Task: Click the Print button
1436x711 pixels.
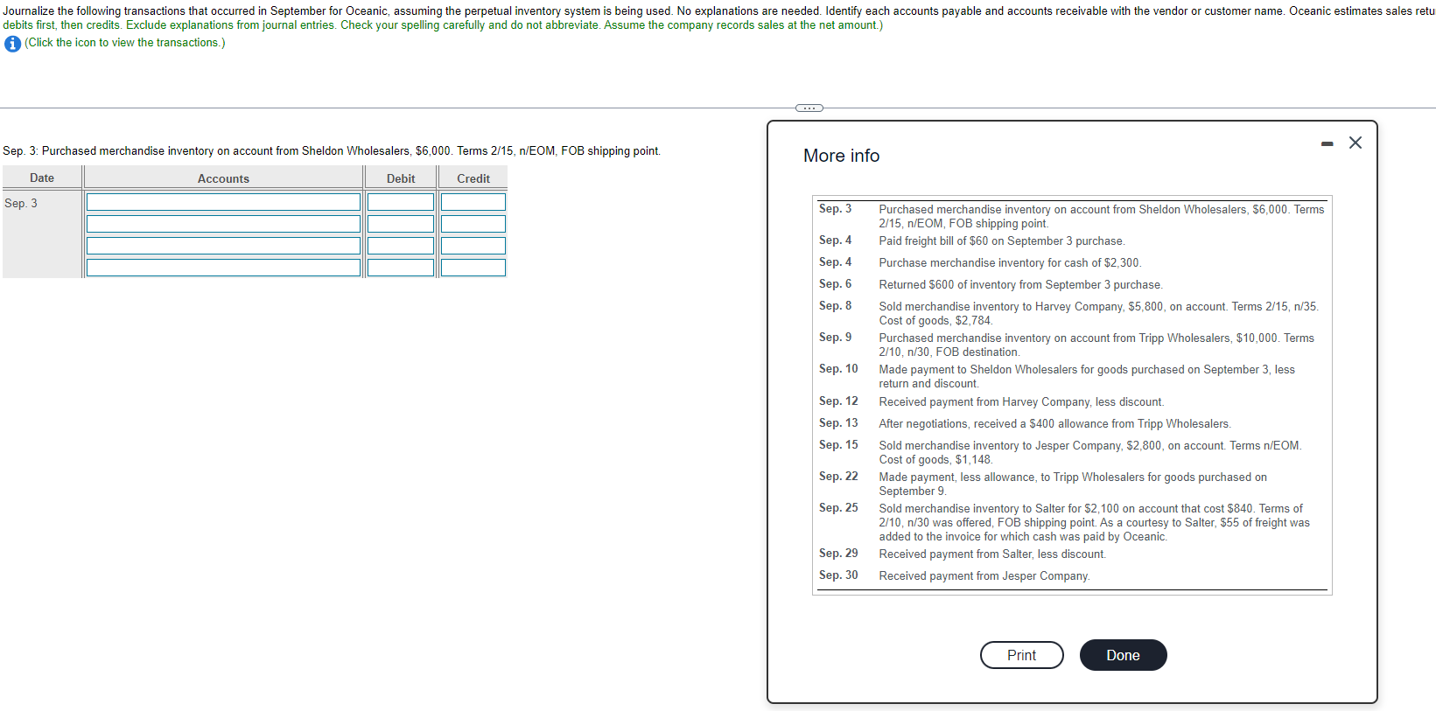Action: [1021, 655]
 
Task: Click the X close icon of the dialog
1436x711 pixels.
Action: [1355, 143]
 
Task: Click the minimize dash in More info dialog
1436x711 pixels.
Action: [1327, 143]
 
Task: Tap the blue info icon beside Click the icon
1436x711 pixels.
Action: [12, 44]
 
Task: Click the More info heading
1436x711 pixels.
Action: [841, 156]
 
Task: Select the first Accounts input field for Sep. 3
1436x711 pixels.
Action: [223, 202]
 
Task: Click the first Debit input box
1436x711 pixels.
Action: [401, 202]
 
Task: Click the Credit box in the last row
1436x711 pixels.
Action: [473, 268]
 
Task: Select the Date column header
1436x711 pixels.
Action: [42, 178]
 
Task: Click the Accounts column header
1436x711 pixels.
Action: [223, 178]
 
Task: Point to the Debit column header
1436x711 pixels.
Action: [401, 178]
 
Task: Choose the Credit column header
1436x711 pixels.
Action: [473, 178]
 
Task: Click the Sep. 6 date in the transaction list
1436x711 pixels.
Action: [835, 284]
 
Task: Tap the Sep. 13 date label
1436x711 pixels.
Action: [838, 423]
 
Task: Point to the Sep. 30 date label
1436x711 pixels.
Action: [838, 575]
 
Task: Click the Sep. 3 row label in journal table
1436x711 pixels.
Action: [21, 203]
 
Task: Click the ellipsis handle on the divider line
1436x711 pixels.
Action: [809, 108]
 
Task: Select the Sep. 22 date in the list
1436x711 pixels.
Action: [838, 477]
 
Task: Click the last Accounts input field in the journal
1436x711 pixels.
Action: [223, 268]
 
